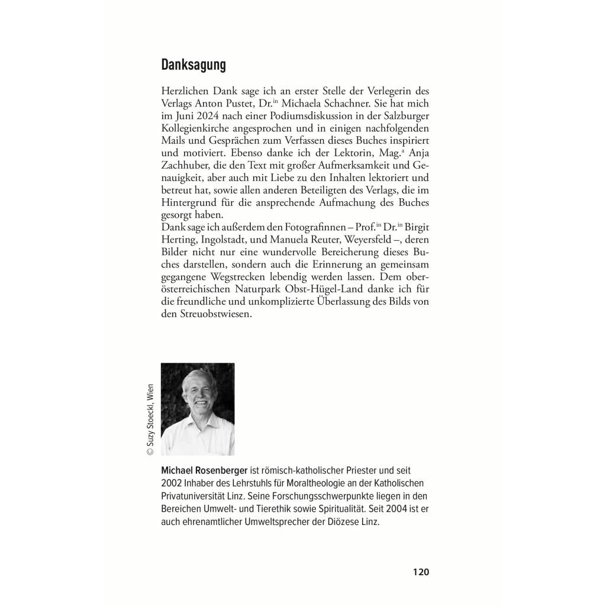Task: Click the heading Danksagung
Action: coord(194,65)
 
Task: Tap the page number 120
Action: coord(421,572)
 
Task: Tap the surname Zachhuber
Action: coord(187,166)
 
